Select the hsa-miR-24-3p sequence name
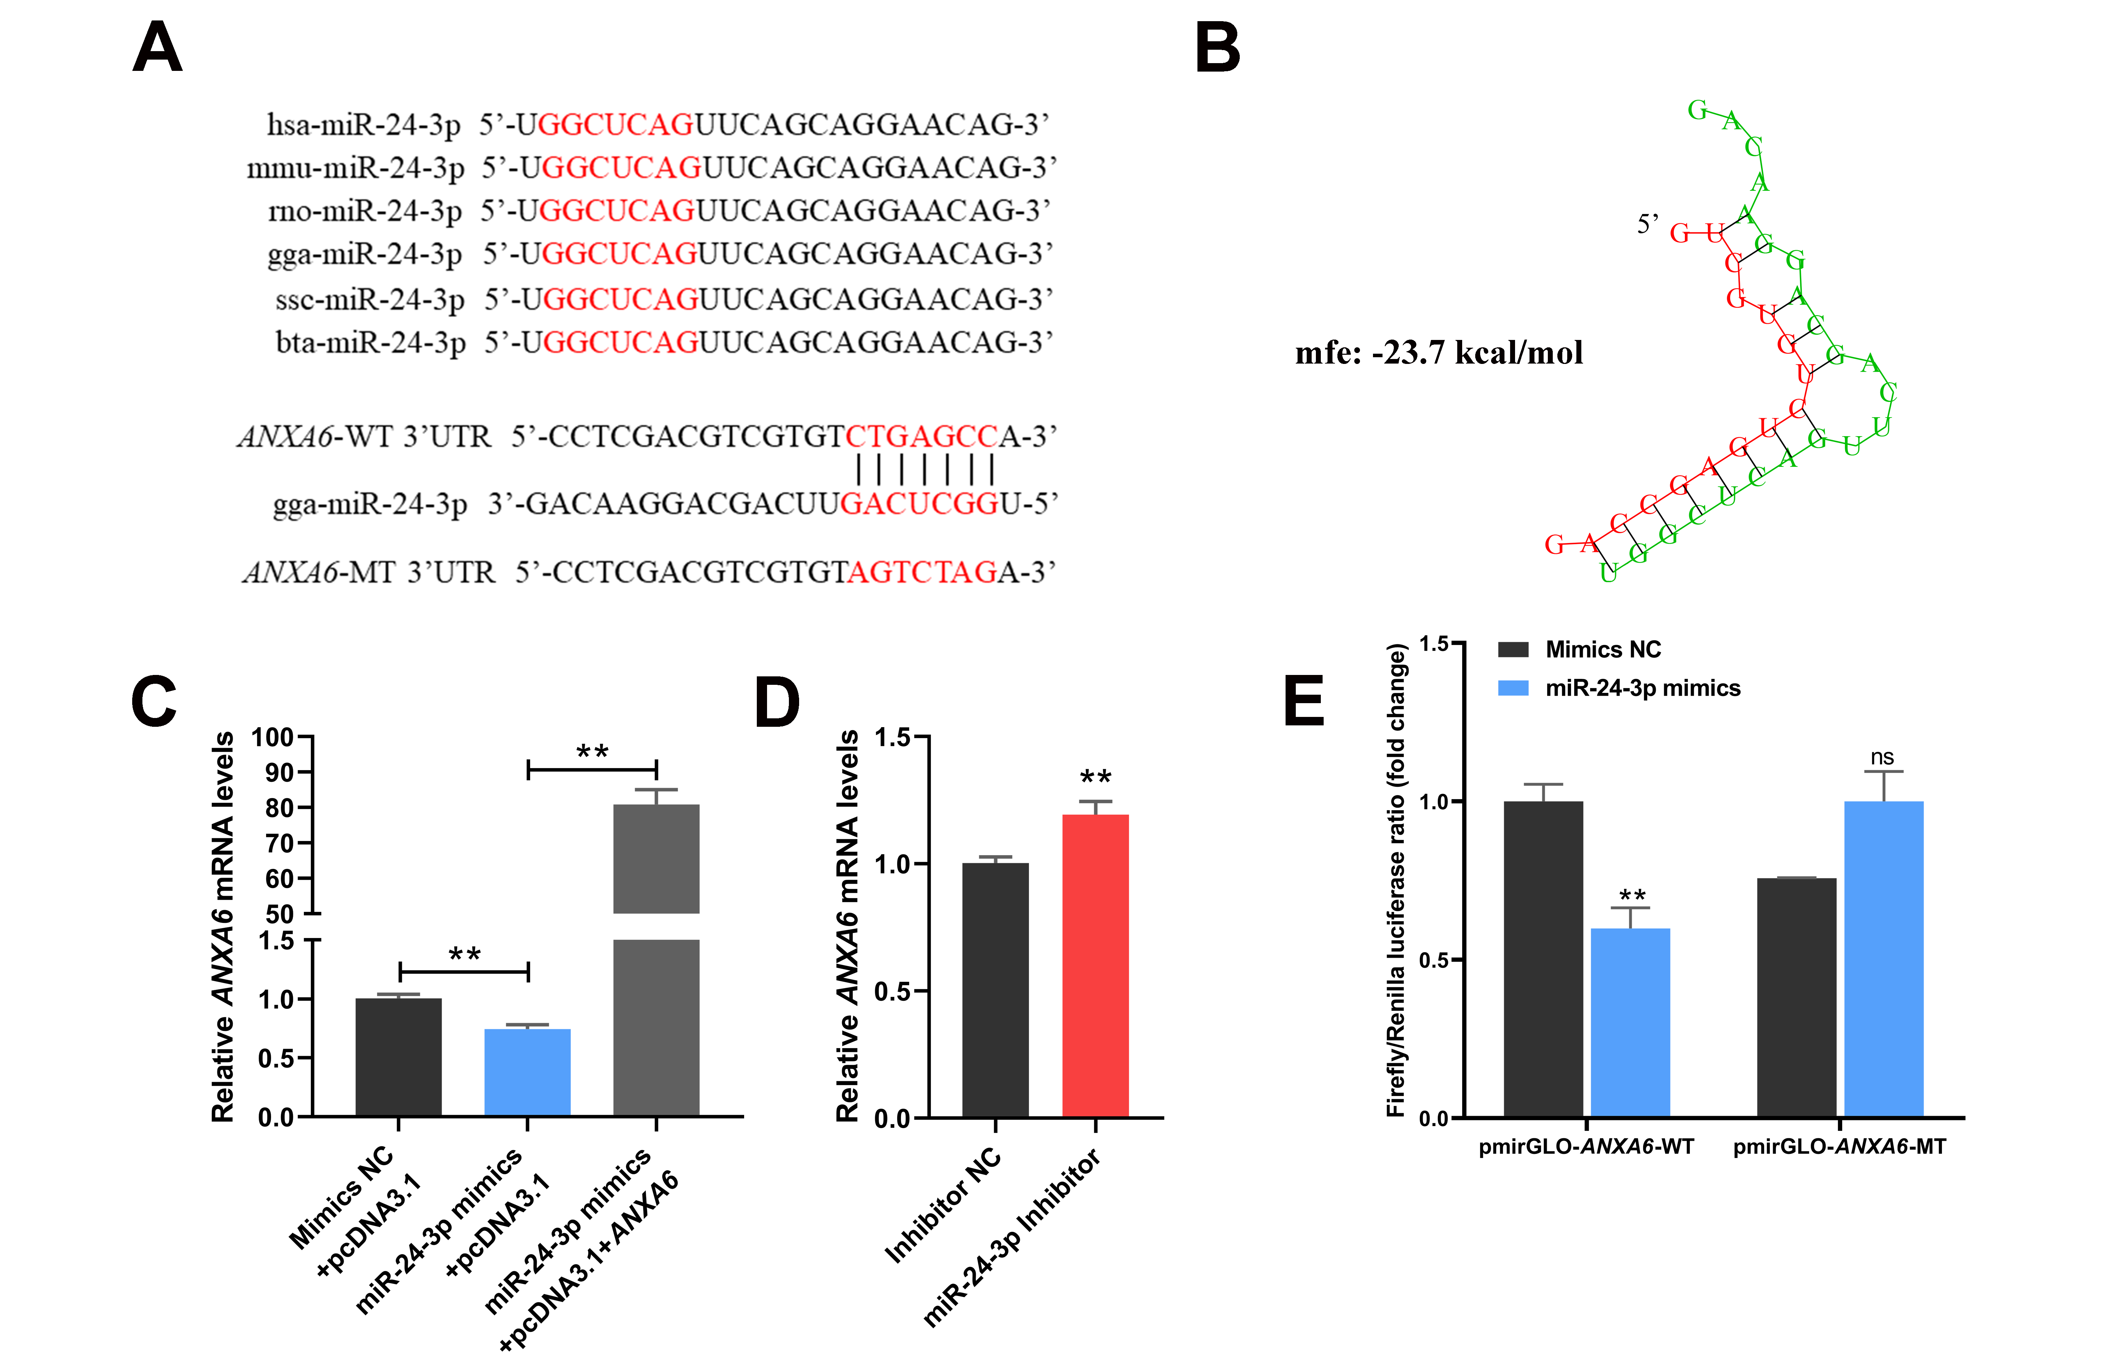pyautogui.click(x=364, y=125)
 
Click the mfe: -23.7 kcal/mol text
pyautogui.click(x=1439, y=353)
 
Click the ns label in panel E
pyautogui.click(x=1882, y=757)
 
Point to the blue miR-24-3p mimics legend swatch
pyautogui.click(x=1513, y=688)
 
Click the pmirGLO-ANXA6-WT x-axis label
pyautogui.click(x=1586, y=1147)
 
